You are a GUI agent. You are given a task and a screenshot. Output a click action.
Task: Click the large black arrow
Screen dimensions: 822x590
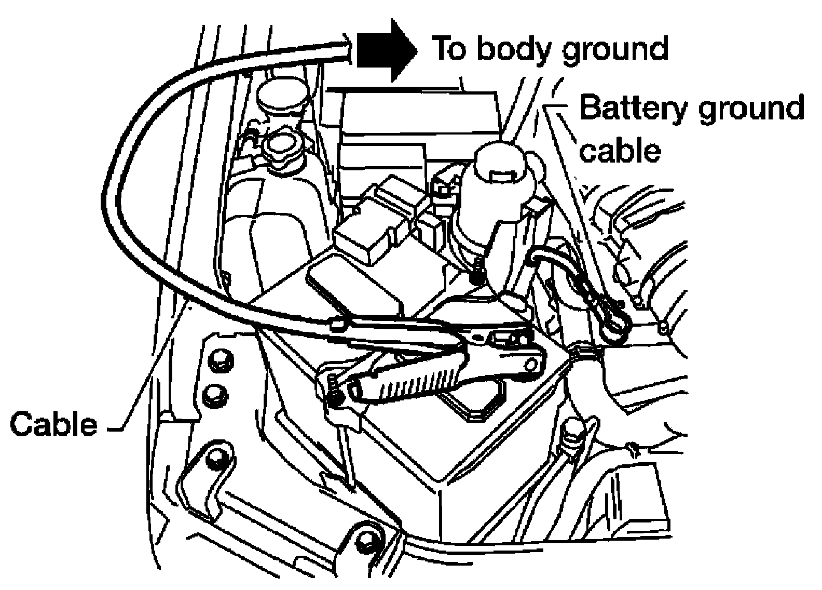pyautogui.click(x=387, y=50)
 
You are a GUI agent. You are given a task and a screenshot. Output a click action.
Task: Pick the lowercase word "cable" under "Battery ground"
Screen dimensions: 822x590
pyautogui.click(x=620, y=151)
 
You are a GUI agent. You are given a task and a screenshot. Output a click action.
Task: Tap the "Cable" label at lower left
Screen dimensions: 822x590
pyautogui.click(x=54, y=424)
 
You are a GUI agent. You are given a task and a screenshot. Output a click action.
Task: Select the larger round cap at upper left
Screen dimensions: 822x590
pyautogui.click(x=282, y=97)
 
